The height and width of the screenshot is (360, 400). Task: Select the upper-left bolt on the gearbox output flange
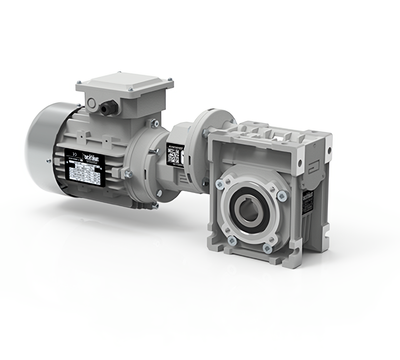pos(220,184)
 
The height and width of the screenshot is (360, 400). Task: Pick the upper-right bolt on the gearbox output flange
pos(282,195)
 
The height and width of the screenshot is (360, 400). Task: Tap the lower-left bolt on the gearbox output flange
pos(232,240)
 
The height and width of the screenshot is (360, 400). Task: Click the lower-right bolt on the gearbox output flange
pos(267,248)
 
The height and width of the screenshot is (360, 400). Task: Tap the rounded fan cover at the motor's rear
pos(44,146)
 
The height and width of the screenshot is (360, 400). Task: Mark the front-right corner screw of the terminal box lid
pos(131,89)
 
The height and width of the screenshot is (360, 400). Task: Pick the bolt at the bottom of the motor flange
pos(156,205)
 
